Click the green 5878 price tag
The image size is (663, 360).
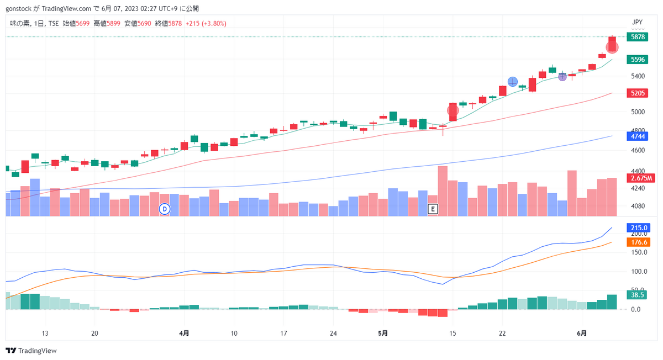click(637, 37)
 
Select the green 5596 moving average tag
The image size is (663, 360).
click(637, 60)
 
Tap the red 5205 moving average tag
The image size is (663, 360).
click(637, 93)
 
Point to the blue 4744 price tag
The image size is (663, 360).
click(637, 136)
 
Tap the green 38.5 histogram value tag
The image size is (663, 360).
click(636, 295)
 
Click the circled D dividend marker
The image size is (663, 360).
click(165, 209)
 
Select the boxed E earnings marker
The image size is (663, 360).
click(433, 209)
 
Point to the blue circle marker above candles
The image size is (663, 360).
click(513, 82)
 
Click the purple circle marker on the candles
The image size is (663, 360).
click(562, 77)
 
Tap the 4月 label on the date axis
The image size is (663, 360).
click(184, 333)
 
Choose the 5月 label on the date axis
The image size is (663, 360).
click(383, 333)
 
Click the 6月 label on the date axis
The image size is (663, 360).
click(582, 333)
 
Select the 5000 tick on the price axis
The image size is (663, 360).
click(638, 112)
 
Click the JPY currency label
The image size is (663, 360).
click(637, 22)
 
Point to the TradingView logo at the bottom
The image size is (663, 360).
click(31, 351)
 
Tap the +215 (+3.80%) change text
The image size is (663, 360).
click(206, 23)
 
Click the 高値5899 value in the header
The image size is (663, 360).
click(107, 23)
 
